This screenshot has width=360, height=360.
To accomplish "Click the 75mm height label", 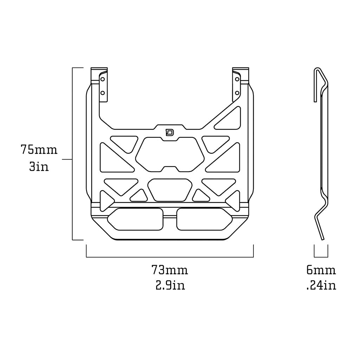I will click(39, 149).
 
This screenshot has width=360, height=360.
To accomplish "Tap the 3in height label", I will click(39, 166).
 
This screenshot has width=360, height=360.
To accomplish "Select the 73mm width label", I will click(170, 270).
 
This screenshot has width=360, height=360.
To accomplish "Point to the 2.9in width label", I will click(170, 285).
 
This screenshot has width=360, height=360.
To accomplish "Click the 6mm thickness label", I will click(321, 270).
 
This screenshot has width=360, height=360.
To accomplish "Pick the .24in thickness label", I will click(321, 285).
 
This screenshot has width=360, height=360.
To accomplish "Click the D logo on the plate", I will click(170, 133).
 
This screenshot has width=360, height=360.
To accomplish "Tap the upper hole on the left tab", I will click(103, 79).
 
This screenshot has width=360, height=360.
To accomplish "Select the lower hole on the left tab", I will click(103, 93).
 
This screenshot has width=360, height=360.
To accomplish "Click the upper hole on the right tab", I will click(237, 79).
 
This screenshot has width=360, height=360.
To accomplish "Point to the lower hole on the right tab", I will click(237, 93).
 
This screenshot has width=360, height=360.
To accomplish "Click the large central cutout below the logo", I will click(170, 154).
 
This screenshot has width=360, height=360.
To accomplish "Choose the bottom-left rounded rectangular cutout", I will click(135, 219).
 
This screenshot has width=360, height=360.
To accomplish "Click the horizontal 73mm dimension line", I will click(170, 257).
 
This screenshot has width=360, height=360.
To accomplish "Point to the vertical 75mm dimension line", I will click(72, 154).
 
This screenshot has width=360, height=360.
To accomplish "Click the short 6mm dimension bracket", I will click(321, 257).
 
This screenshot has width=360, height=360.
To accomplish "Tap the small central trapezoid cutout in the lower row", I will click(170, 190).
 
